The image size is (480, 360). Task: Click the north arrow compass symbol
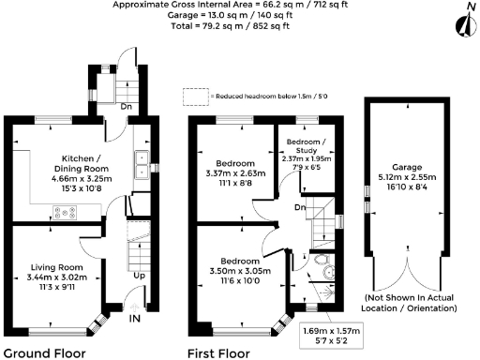click(x=460, y=21)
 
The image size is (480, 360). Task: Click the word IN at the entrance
click(x=135, y=320)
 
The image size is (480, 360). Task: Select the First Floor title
click(x=219, y=353)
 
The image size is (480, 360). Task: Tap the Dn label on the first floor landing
click(x=299, y=207)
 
